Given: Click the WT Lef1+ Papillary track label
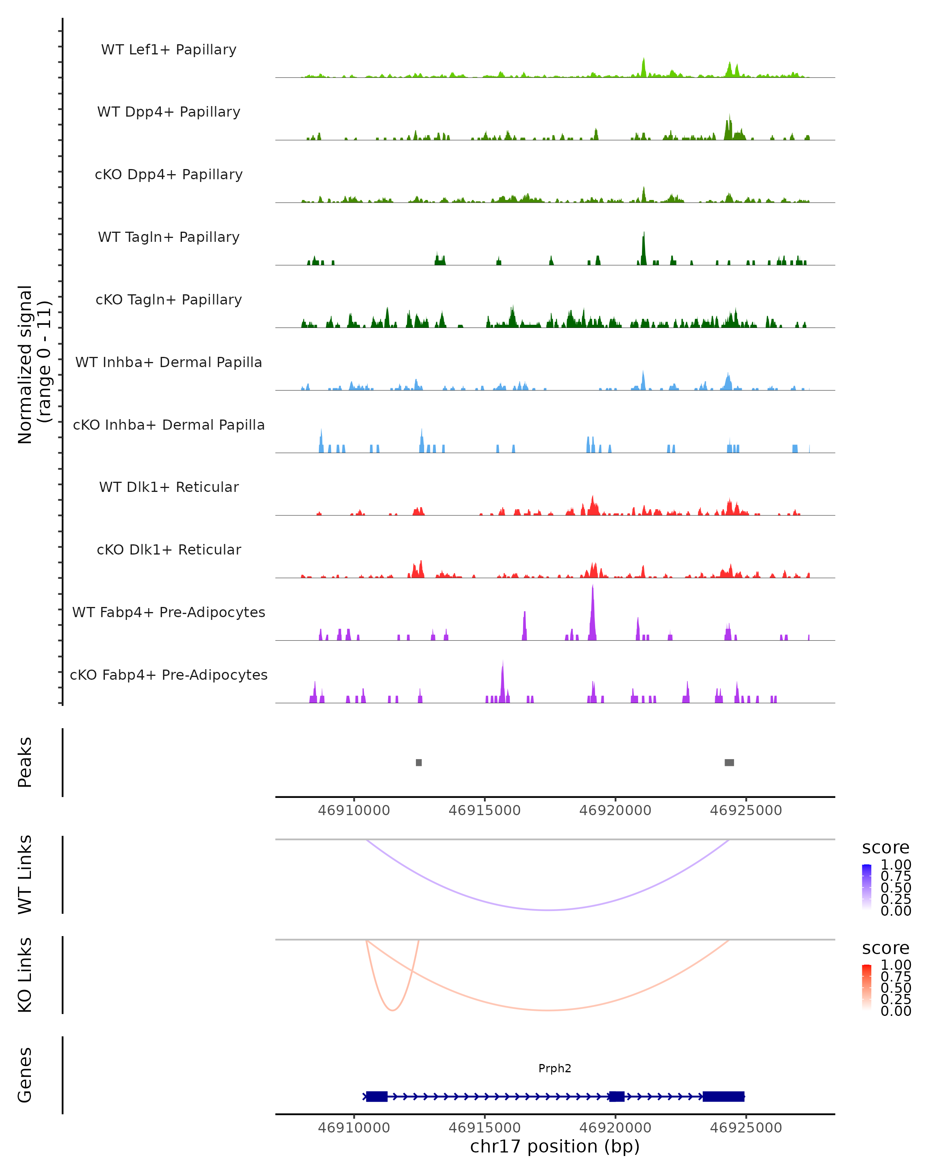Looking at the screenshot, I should [x=169, y=50].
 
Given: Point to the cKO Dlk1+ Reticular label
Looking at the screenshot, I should [x=169, y=549].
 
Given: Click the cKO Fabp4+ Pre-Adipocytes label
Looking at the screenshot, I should [x=169, y=675].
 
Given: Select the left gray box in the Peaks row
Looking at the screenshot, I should [x=419, y=762].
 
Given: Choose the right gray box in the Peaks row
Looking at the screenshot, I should [x=729, y=762].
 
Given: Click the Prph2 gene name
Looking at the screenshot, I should [x=555, y=1068].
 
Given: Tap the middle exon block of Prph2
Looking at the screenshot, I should [x=616, y=1096].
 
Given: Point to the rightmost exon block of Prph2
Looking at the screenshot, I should [x=723, y=1096].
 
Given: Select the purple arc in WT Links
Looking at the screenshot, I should [x=549, y=910].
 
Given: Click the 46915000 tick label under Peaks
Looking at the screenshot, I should [x=484, y=810].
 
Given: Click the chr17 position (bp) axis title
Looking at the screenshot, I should [x=555, y=1146].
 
